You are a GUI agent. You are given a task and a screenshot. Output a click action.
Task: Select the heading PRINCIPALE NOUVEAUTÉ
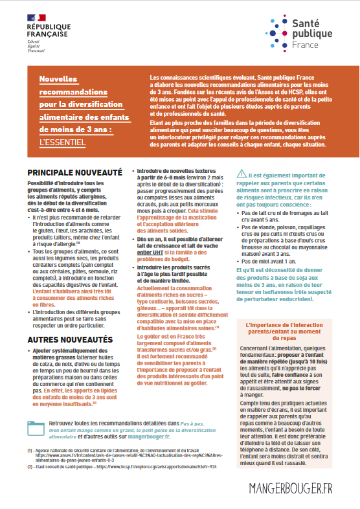click(x=74, y=173)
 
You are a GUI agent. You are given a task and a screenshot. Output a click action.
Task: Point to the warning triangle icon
click(x=241, y=173)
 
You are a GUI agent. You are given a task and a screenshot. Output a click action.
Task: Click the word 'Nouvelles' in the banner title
click(x=58, y=78)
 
